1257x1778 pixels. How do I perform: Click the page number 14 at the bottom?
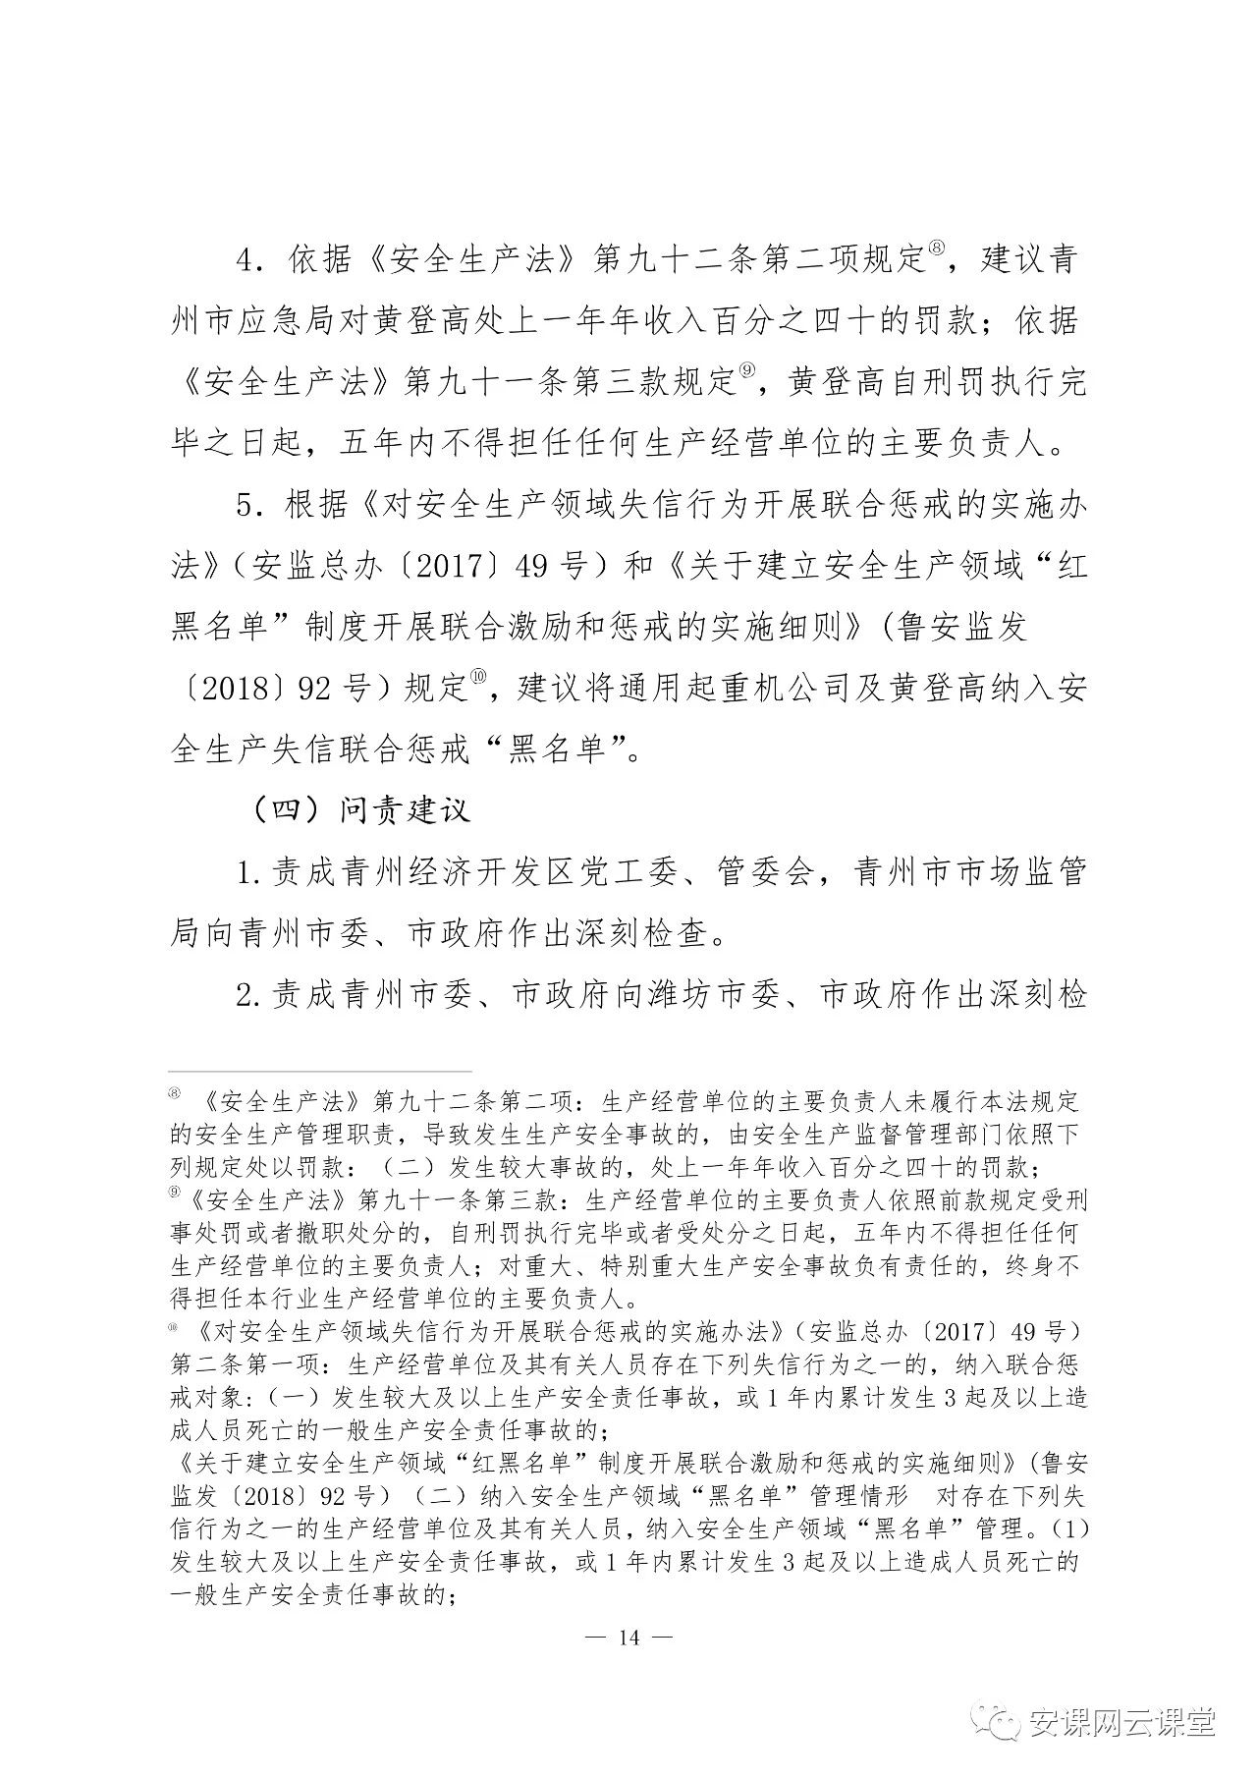point(628,1637)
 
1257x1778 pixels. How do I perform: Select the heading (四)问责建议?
point(360,810)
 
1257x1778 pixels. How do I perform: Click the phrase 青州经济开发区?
point(458,873)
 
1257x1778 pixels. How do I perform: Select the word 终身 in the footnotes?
point(1044,1267)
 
